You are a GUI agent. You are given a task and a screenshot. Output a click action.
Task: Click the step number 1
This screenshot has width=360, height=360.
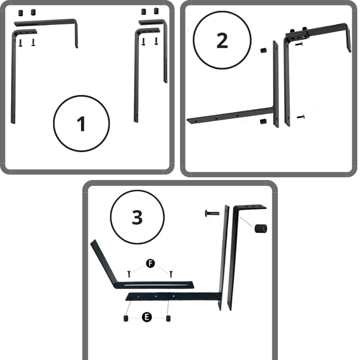[x=81, y=124]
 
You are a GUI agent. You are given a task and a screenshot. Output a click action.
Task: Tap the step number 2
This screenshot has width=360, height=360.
[x=222, y=40]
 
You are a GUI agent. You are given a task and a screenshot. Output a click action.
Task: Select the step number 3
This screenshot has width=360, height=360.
[x=137, y=217]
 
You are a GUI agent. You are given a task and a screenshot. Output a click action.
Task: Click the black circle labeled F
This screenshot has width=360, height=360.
[x=150, y=263]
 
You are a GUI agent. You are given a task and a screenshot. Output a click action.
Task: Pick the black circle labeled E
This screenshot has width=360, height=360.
[x=147, y=317]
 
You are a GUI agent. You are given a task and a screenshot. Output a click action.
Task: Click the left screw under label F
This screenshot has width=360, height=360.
[x=129, y=274]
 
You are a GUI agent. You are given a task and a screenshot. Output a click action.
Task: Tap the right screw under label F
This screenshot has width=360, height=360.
[x=171, y=274]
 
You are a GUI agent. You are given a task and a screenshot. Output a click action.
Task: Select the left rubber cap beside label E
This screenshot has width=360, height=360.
[x=126, y=319]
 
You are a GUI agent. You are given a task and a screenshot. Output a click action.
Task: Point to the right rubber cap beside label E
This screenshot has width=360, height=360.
[x=168, y=319]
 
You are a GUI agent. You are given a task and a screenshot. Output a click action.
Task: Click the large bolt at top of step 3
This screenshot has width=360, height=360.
[x=211, y=213]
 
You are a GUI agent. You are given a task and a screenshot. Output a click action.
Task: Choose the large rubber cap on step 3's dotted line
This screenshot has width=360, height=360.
[x=261, y=229]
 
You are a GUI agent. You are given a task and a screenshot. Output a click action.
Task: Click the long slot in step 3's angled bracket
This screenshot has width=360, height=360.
[x=158, y=285]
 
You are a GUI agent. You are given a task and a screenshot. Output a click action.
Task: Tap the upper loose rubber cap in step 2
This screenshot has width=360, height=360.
[x=264, y=50]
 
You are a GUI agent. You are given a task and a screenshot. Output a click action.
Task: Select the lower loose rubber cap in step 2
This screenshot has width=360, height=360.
[x=263, y=121]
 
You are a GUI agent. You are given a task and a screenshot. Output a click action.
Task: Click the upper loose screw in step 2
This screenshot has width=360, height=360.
[x=299, y=44]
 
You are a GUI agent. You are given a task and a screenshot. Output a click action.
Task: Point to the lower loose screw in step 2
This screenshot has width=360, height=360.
[x=301, y=117]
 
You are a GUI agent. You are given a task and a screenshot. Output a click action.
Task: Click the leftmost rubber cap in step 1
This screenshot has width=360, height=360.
[x=21, y=13]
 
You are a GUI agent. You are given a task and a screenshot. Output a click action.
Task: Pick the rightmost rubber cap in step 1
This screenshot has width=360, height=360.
[x=157, y=11]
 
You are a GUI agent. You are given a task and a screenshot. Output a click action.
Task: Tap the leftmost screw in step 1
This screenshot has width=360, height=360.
[x=20, y=43]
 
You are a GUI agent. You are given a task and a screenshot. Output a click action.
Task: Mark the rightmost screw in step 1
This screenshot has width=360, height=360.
[x=157, y=41]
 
